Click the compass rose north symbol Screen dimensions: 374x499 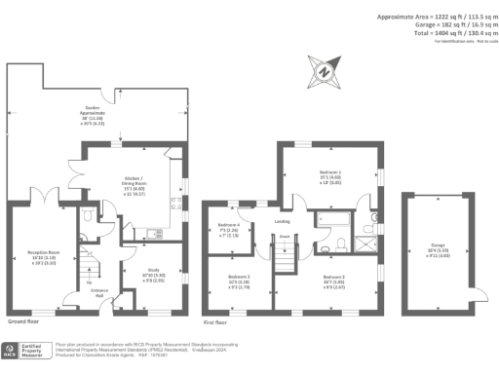tap(323, 70)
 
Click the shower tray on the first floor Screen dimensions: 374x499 tap(366, 240)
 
